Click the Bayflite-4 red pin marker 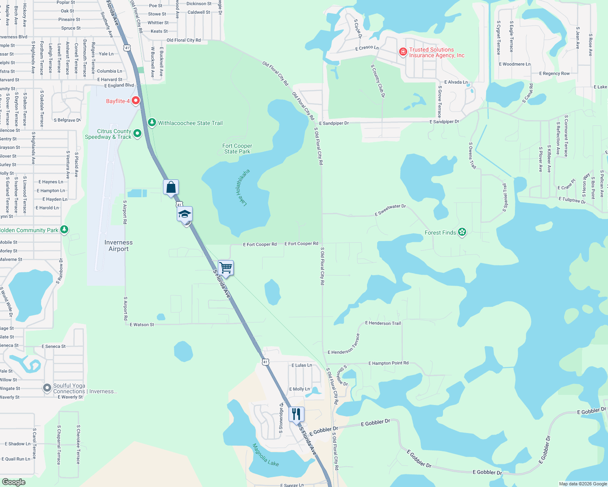click(136, 100)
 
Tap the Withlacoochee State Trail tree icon click(152, 122)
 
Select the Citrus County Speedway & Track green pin click(137, 133)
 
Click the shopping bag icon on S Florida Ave click(171, 187)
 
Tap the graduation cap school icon click(185, 214)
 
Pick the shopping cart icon click(226, 268)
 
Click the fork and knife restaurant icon click(296, 414)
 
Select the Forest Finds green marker click(462, 232)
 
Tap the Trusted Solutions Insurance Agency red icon click(403, 52)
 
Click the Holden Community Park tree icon click(64, 230)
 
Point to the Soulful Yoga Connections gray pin click(47, 388)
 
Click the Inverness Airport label click(118, 246)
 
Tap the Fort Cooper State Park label click(237, 149)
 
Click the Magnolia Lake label click(265, 455)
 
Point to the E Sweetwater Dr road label click(390, 210)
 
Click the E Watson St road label click(142, 325)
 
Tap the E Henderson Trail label click(383, 323)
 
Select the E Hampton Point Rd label click(388, 363)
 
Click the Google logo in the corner click(14, 482)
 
